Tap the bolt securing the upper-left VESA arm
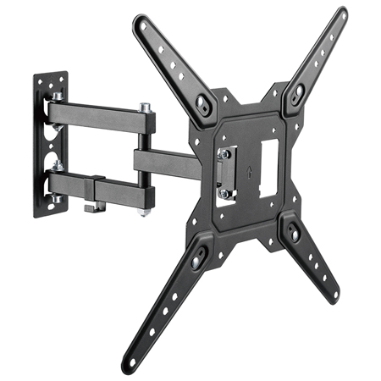pos(203,102)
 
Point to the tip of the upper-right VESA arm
pos(341,14)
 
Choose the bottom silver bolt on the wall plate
pos(53,200)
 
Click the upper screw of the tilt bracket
pos(224,154)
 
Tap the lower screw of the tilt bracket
pos(224,192)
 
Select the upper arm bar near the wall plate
pos(93,117)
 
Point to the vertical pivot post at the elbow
pos(146,152)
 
